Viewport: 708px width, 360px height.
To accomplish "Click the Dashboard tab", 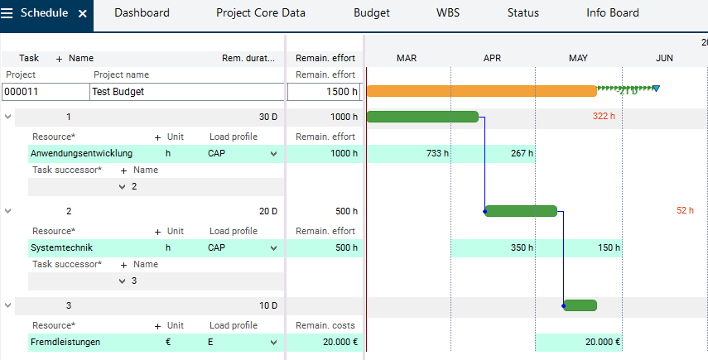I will click(x=142, y=13).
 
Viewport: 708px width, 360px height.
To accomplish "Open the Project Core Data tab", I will click(x=260, y=13).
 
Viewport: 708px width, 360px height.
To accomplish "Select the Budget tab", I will click(x=371, y=13).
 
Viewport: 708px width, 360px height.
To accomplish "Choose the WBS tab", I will click(x=448, y=13).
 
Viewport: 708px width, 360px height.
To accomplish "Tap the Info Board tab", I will click(x=612, y=13).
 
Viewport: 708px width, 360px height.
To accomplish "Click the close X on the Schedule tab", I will click(x=82, y=14).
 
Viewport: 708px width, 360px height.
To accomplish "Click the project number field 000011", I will click(x=44, y=92).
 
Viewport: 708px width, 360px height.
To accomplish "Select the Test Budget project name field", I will click(x=185, y=92).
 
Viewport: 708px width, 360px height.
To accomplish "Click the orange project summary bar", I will click(x=480, y=91).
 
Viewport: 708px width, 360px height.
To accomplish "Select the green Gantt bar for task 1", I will click(x=422, y=117).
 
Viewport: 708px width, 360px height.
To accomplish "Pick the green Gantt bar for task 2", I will click(x=521, y=211).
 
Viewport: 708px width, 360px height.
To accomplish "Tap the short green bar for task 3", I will click(x=580, y=305).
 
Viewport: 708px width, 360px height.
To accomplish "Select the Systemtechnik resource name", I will click(x=62, y=247).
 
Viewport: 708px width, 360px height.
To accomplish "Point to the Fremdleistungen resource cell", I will click(x=65, y=342).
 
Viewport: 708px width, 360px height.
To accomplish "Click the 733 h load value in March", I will click(x=437, y=153).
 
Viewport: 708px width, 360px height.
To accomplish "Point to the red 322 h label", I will click(x=604, y=117).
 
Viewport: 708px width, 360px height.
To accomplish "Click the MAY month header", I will click(x=578, y=58).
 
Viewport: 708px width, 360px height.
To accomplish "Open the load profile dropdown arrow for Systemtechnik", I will click(x=273, y=247).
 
